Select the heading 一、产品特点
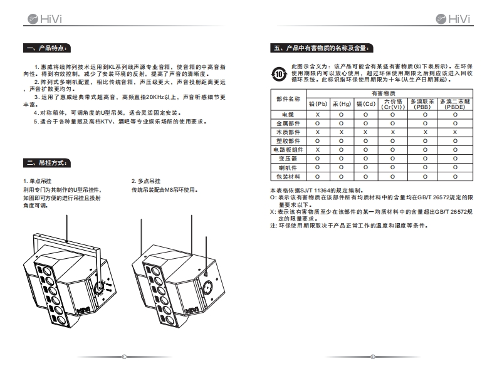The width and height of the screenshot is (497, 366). pos(48,48)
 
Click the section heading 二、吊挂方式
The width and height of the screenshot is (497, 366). pos(48,163)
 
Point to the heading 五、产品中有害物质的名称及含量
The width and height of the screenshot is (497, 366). pos(322,48)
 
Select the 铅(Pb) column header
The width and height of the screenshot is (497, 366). pos(318,103)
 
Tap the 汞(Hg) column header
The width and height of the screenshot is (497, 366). pos(342,103)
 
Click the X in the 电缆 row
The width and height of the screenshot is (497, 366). pos(318,115)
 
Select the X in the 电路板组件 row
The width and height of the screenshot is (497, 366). pos(318,150)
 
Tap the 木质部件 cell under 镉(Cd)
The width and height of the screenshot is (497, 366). pos(365,132)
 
